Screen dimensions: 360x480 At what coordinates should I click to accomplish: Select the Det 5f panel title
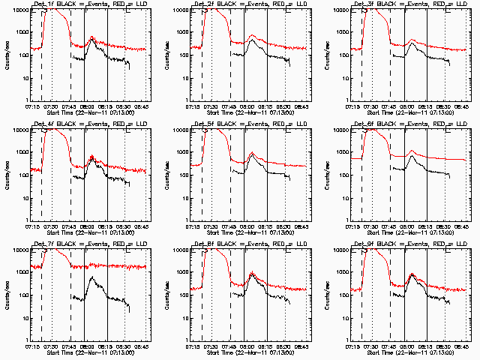click(x=249, y=124)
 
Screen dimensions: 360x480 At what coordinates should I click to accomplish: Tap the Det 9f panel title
click(x=409, y=244)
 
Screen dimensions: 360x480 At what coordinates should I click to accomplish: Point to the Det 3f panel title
click(x=409, y=4)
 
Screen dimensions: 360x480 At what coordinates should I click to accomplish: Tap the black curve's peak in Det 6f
click(x=412, y=157)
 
